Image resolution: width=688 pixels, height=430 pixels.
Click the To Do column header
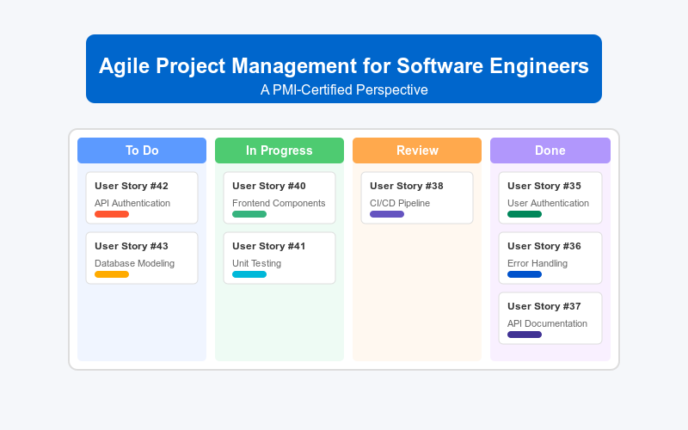tap(142, 150)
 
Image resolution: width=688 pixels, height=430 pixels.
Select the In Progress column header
tap(279, 150)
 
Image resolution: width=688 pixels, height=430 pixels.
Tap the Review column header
tap(417, 150)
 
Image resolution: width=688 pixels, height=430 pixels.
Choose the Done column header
tap(550, 150)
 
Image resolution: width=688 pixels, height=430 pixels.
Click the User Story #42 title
tap(132, 186)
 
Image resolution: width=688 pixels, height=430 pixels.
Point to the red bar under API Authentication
tap(112, 214)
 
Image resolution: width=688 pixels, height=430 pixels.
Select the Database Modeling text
tap(134, 263)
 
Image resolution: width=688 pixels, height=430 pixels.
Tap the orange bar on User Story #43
tap(112, 274)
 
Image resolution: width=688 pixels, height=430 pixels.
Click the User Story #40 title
tap(269, 186)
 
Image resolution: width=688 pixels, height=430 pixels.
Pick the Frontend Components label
tap(279, 203)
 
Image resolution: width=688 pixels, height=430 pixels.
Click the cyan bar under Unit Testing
tap(249, 274)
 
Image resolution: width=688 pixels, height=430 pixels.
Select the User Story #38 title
tap(407, 186)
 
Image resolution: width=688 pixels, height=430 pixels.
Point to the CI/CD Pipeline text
tap(400, 203)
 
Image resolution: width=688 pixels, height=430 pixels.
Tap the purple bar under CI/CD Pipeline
tap(387, 214)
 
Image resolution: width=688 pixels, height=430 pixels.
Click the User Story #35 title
tap(544, 186)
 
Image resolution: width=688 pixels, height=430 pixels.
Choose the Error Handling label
tap(537, 263)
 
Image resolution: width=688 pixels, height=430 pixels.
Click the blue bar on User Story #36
tap(525, 274)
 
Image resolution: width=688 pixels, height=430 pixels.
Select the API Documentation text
tap(547, 323)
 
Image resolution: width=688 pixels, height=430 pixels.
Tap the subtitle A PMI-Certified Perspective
tap(344, 89)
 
